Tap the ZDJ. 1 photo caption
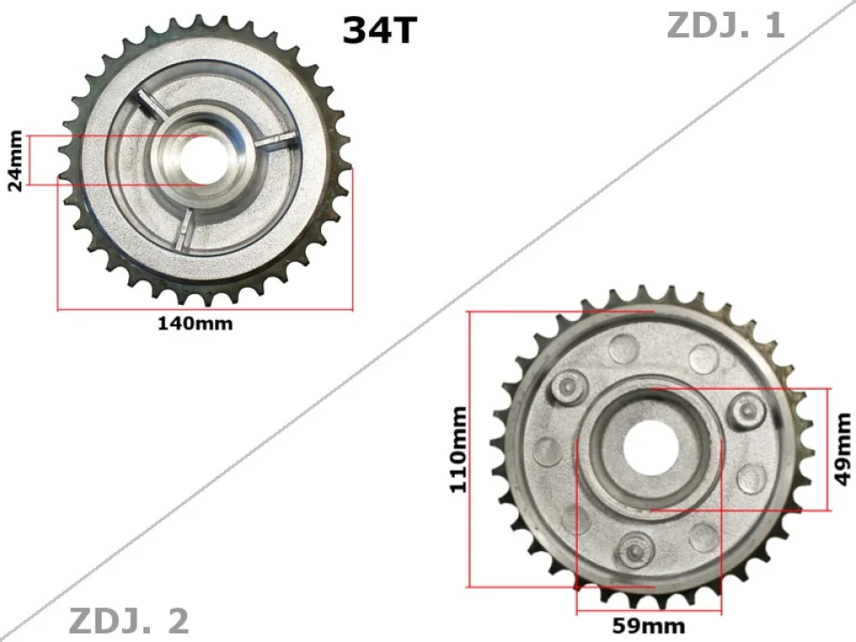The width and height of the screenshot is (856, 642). [x=726, y=25]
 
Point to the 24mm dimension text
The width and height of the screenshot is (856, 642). [x=14, y=160]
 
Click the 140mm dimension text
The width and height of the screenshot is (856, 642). [x=195, y=323]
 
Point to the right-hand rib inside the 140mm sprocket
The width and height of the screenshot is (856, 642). [x=273, y=141]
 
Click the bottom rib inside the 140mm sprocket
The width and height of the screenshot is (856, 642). [x=185, y=231]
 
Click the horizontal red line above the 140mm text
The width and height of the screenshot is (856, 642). [x=205, y=310]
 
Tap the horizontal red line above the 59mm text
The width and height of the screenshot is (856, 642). [x=648, y=613]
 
